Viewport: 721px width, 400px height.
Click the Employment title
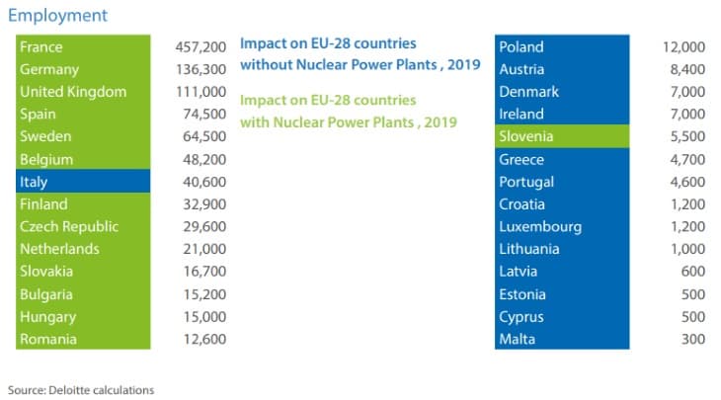click(x=57, y=16)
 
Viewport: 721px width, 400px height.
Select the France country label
click(x=40, y=46)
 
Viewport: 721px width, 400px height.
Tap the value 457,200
click(x=201, y=46)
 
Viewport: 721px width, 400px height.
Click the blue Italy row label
click(x=34, y=182)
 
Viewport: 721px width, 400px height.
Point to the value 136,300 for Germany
click(x=201, y=69)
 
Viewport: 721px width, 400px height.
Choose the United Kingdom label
click(x=73, y=92)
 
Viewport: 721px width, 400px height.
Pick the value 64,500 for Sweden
click(x=205, y=136)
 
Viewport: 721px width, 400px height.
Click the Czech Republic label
click(x=69, y=226)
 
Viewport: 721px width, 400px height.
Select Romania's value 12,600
click(x=205, y=339)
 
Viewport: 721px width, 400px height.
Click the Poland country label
click(x=521, y=46)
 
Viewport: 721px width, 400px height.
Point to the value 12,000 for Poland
click(x=683, y=46)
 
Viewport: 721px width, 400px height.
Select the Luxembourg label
click(x=540, y=226)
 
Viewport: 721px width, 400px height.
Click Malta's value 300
click(x=692, y=339)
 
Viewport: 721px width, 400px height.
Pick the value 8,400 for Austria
click(x=686, y=69)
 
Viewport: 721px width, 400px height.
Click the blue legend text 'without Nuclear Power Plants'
click(x=359, y=65)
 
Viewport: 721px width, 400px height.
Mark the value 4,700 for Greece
click(x=686, y=159)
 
